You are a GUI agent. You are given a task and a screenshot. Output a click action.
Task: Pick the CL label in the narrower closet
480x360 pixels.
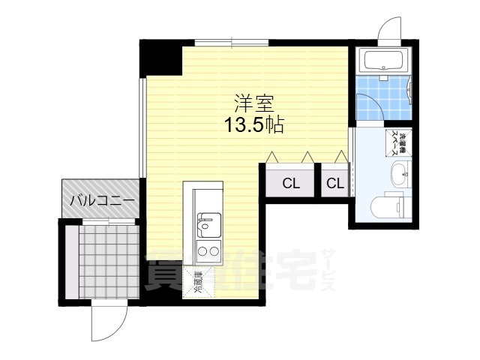coord(335,182)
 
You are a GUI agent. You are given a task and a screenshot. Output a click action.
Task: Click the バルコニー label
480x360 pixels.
coord(102,201)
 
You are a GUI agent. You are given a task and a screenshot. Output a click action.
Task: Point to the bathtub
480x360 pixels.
coord(382,60)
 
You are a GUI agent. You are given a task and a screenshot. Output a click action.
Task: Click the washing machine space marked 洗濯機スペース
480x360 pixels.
coord(397,143)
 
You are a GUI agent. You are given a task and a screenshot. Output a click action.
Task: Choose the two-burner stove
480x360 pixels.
coord(205,251)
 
